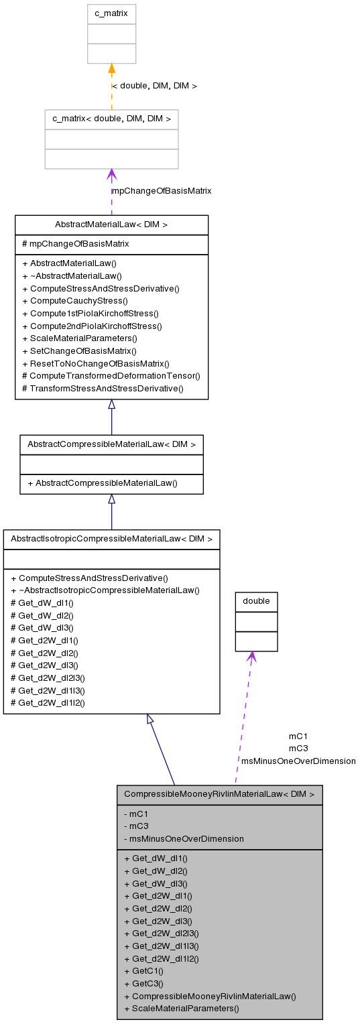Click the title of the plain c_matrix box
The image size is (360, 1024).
(111, 14)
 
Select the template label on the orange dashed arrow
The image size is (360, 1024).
(154, 86)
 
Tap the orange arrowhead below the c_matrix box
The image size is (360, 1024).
(112, 68)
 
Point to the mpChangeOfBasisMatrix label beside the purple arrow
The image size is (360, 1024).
(162, 191)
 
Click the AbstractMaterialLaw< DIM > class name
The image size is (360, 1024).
(111, 225)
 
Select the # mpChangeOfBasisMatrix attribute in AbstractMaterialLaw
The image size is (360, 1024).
(76, 244)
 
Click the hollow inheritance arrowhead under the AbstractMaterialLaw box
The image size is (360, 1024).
(112, 404)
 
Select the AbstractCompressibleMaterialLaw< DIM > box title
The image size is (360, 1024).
(111, 444)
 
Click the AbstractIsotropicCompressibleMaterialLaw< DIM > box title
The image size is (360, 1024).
(111, 539)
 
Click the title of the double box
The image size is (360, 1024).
(256, 602)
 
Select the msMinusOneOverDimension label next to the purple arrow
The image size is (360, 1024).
(298, 761)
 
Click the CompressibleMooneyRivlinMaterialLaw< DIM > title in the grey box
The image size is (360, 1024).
(219, 794)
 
